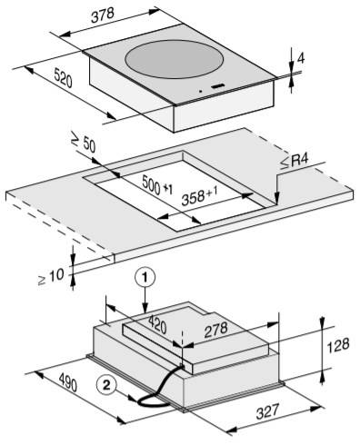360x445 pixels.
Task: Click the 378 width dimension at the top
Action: pos(103,15)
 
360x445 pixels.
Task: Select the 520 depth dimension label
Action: pos(64,78)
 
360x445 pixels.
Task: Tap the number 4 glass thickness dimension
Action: pos(300,58)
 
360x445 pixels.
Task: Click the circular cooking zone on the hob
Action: pos(175,59)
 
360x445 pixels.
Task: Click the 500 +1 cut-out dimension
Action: pos(157,185)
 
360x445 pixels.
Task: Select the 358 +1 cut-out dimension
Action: pos(199,195)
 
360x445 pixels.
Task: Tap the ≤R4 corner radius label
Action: pos(294,162)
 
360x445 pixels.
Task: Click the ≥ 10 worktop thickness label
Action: pos(51,277)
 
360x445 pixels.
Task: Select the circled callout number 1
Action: pos(145,277)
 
